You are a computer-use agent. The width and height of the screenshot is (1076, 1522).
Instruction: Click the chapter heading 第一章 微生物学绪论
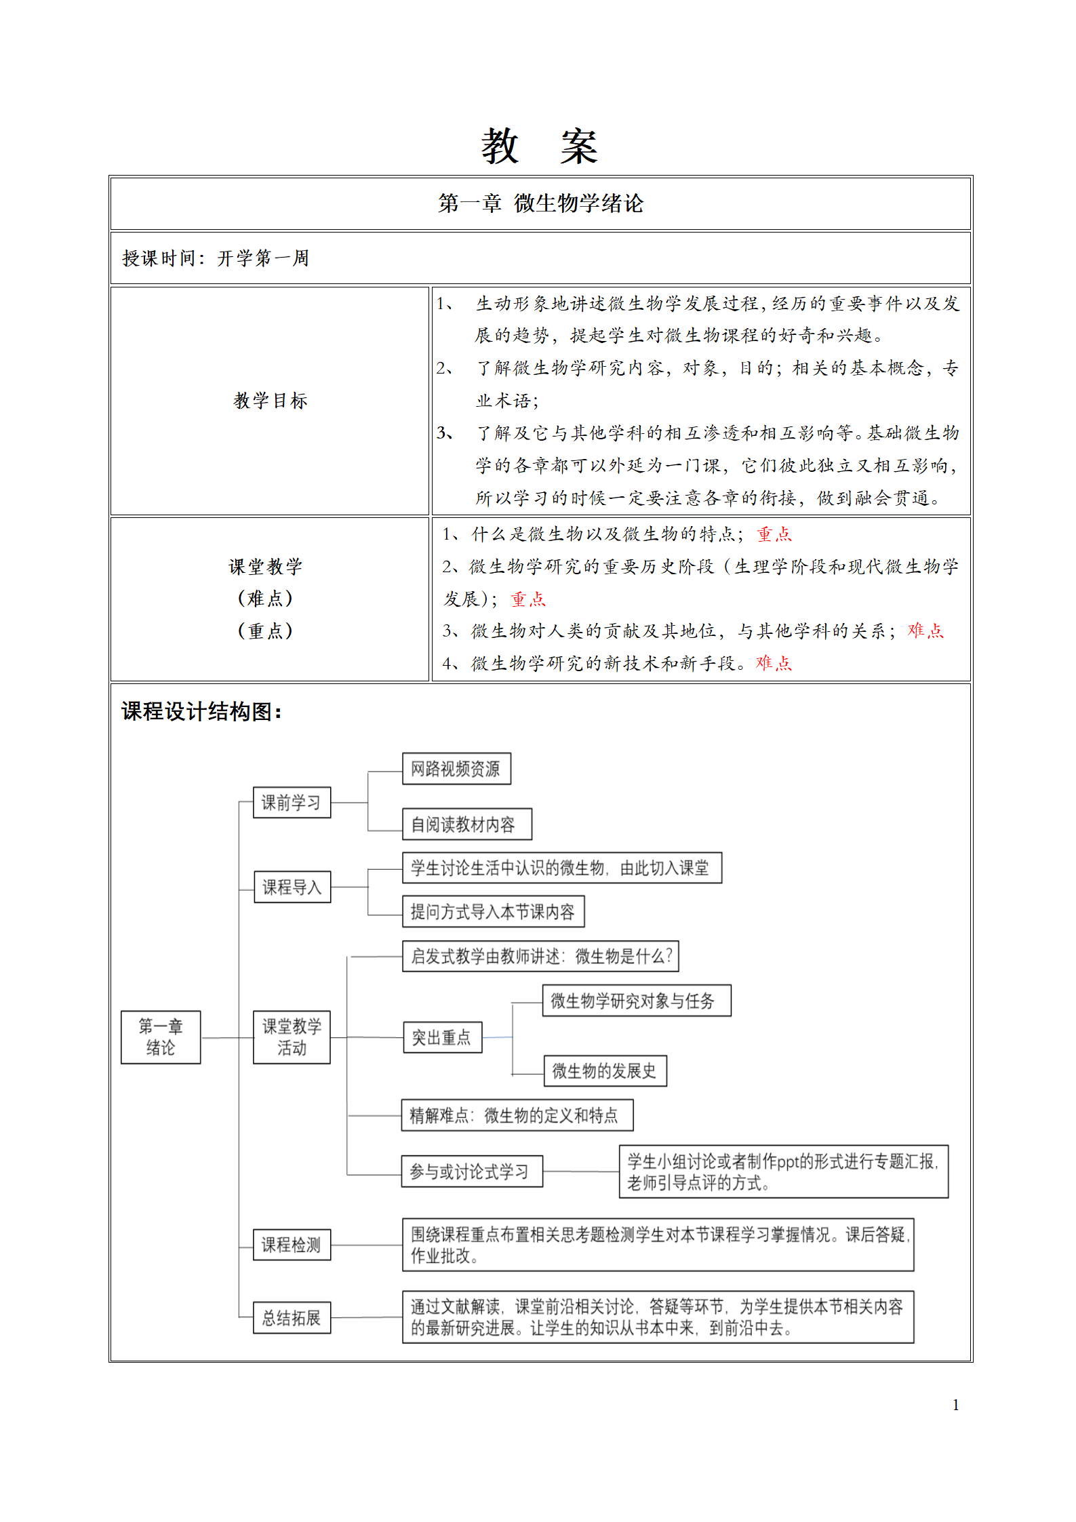click(x=540, y=203)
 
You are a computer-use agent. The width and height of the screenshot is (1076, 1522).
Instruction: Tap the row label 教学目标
click(x=271, y=401)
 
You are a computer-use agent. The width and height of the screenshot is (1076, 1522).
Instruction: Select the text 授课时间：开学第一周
click(x=216, y=258)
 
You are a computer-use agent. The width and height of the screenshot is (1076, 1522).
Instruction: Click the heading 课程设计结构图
click(x=201, y=711)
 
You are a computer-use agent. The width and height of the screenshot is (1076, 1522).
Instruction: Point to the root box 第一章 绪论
click(x=161, y=1037)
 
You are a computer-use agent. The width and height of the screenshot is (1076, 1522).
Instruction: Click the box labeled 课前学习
click(x=292, y=803)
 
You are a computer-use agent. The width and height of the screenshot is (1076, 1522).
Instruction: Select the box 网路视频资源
click(x=456, y=769)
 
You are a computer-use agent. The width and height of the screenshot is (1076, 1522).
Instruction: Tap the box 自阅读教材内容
click(x=466, y=824)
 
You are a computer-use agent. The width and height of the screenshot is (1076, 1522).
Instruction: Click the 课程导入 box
click(x=292, y=887)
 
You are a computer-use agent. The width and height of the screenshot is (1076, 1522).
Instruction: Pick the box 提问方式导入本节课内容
click(x=493, y=912)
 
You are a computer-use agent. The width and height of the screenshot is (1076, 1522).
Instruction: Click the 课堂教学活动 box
click(x=292, y=1037)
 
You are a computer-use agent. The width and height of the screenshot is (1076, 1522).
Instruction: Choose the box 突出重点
click(x=442, y=1037)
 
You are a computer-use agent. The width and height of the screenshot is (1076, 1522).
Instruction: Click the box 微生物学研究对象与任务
click(x=636, y=1001)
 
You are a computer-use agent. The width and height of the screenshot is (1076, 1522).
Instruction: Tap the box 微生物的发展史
click(x=605, y=1071)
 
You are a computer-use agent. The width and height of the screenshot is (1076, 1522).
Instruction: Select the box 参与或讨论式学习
click(x=472, y=1171)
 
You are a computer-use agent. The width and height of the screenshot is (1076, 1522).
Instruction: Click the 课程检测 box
click(x=292, y=1245)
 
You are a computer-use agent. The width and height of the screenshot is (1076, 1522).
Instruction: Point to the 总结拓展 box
click(x=292, y=1317)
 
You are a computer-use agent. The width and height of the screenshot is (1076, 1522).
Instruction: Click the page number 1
click(x=956, y=1405)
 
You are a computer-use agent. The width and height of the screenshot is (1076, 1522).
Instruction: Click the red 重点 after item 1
click(x=774, y=534)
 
